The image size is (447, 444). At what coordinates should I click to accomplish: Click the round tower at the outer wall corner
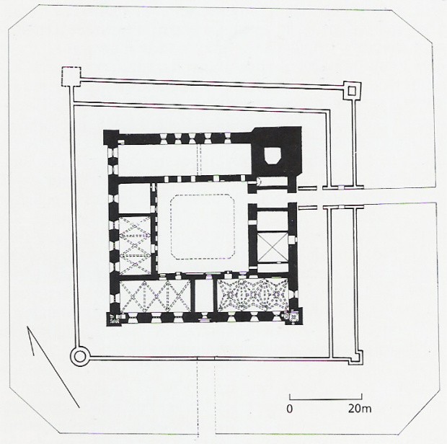[79, 356]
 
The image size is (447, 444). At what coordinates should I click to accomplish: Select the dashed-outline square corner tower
[71, 76]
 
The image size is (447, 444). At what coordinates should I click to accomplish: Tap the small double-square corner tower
[352, 91]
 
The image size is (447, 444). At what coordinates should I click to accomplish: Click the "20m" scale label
[360, 409]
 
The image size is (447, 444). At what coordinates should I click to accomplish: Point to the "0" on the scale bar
[289, 409]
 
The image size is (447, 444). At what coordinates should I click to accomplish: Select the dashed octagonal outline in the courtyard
[203, 227]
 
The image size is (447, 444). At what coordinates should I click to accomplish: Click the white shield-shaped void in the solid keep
[273, 156]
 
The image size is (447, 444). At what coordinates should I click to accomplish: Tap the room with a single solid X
[273, 247]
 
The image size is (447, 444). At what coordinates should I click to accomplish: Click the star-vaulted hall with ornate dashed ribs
[253, 295]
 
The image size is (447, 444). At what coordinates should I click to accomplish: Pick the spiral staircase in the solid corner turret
[113, 319]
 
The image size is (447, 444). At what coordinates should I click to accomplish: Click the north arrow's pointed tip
[27, 327]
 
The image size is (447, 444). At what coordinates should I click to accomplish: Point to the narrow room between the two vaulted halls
[204, 296]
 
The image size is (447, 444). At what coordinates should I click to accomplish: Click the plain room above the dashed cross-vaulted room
[134, 198]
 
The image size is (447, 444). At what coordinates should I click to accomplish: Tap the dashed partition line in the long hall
[199, 159]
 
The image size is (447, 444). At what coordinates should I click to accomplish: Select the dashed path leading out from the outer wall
[205, 398]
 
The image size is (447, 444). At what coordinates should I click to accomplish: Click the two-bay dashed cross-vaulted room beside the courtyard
[135, 246]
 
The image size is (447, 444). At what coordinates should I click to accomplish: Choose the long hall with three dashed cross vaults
[155, 296]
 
